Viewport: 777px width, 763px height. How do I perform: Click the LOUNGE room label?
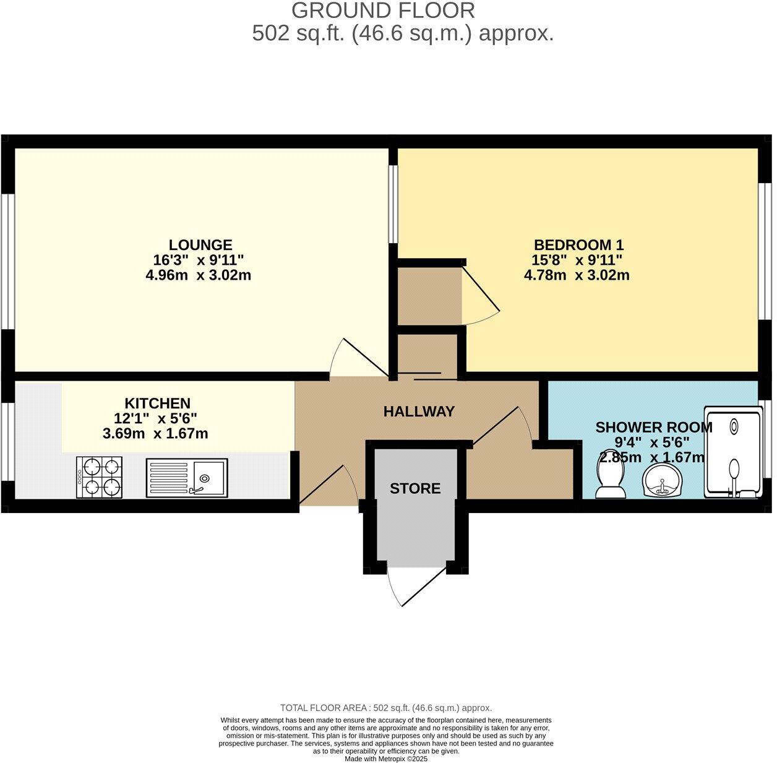pyautogui.click(x=201, y=244)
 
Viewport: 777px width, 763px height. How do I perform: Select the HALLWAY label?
pyautogui.click(x=419, y=412)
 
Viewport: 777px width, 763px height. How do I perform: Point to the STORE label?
pyautogui.click(x=415, y=489)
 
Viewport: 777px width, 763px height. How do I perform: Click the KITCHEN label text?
pyautogui.click(x=157, y=403)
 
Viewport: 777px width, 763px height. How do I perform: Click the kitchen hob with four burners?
pyautogui.click(x=99, y=477)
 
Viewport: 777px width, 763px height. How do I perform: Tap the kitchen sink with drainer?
pyautogui.click(x=187, y=478)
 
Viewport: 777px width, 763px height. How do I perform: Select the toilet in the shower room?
pyautogui.click(x=611, y=481)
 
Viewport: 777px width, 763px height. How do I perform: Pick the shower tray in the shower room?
pyautogui.click(x=732, y=452)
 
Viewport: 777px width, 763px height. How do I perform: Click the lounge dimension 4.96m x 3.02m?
pyautogui.click(x=198, y=275)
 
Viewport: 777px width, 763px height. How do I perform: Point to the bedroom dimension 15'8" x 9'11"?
pyautogui.click(x=577, y=260)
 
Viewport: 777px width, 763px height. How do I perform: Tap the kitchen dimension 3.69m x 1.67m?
pyautogui.click(x=155, y=434)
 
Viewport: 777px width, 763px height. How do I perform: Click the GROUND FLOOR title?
pyautogui.click(x=383, y=11)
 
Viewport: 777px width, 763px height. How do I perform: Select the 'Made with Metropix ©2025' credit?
pyautogui.click(x=386, y=759)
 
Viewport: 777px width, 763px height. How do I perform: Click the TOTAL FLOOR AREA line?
pyautogui.click(x=386, y=708)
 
